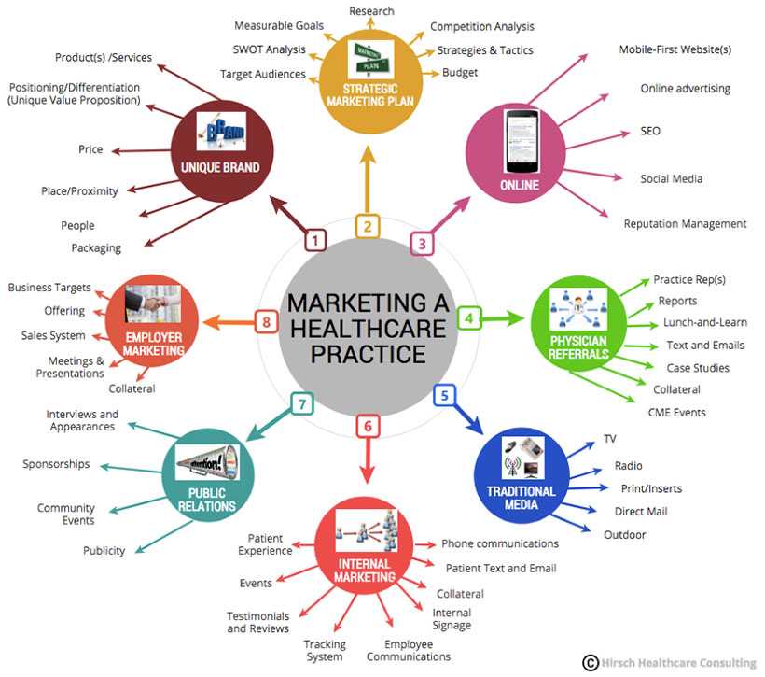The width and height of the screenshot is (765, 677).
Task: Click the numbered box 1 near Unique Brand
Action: point(316,240)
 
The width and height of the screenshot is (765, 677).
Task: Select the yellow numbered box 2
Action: point(368,225)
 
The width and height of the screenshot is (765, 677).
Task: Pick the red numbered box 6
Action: point(368,426)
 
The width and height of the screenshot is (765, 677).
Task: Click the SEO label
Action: point(650,131)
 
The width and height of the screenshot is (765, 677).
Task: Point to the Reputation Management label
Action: point(685,224)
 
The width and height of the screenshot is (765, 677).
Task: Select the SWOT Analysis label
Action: point(269,49)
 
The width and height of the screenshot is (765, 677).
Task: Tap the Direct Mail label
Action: point(641,511)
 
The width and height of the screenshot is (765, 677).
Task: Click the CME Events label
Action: point(676,412)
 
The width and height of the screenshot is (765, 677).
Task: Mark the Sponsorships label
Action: point(57,464)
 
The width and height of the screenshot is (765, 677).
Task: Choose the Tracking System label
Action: point(325,650)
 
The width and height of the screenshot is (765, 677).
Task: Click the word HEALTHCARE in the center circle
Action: point(368,329)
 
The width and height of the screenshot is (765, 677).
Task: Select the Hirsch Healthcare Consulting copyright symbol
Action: point(591,662)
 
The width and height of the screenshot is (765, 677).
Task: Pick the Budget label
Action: point(460,72)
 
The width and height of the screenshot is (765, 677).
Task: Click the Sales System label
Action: point(53,335)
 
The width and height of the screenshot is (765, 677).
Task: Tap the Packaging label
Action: point(96,247)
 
